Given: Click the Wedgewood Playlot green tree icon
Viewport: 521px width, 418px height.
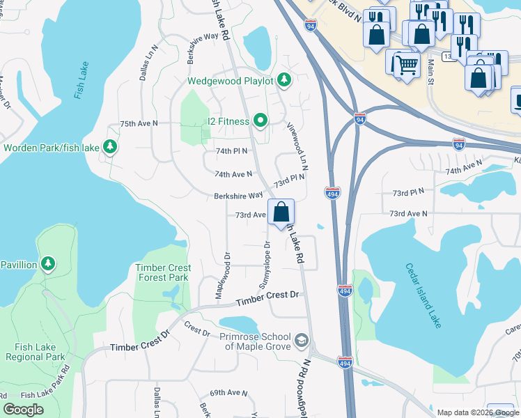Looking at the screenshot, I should coord(283,80).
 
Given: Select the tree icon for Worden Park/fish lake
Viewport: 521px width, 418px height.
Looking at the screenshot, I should coord(109,147).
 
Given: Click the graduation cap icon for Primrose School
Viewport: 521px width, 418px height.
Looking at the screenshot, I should coord(301,340).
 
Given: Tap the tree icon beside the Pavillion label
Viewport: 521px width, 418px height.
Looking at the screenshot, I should coord(47,264).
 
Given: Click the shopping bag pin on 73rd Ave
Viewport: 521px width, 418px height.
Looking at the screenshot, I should coord(281,212).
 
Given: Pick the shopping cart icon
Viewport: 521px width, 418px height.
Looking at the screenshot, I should coord(407,66).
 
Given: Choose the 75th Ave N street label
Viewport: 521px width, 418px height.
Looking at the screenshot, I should coord(139,123).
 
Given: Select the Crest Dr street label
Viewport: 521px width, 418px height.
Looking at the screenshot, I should coord(197,328).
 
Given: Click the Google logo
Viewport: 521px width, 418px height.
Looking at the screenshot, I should coord(23,410).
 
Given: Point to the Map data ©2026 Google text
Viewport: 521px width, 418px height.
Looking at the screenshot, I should coord(477,412).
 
